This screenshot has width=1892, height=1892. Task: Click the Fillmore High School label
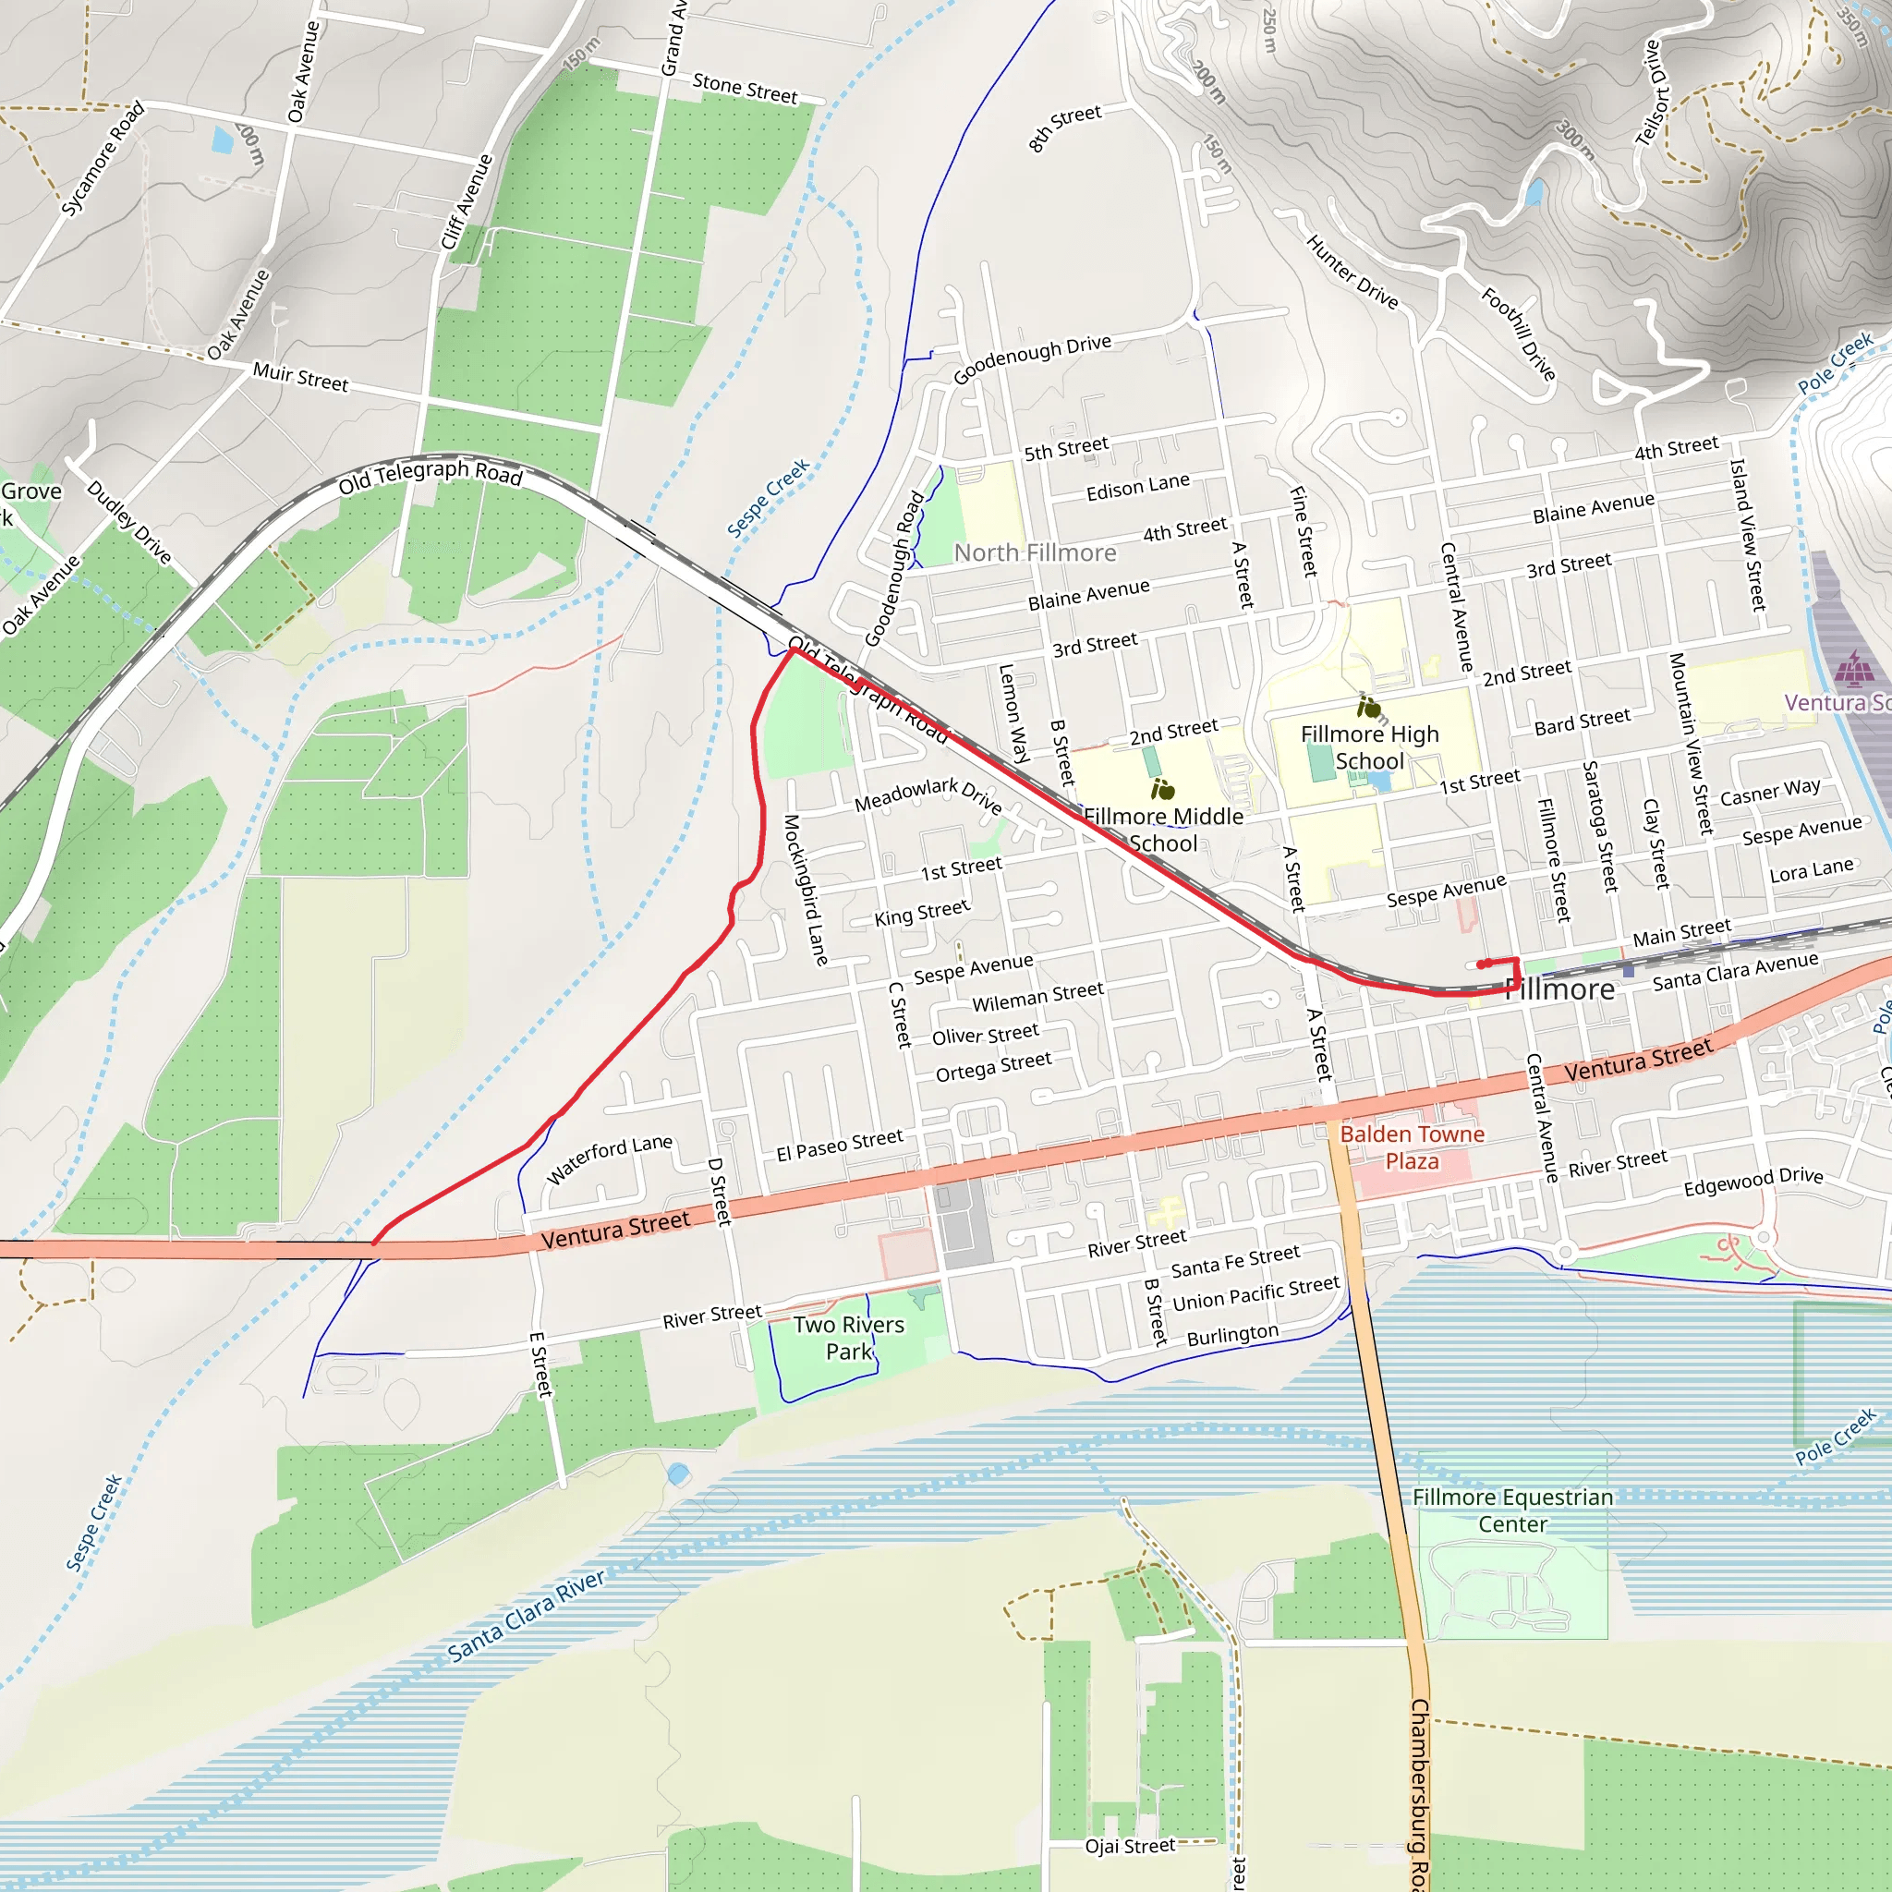click(x=1369, y=747)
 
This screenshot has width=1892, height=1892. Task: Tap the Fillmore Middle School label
click(x=1162, y=830)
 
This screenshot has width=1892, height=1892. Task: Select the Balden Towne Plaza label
click(x=1412, y=1146)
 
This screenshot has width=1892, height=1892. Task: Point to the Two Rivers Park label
click(x=848, y=1338)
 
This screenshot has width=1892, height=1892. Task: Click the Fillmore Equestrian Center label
click(x=1512, y=1510)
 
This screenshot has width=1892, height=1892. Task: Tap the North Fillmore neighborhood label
click(x=1034, y=553)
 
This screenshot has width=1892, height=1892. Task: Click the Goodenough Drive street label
click(x=1032, y=358)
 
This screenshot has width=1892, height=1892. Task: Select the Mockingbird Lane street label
click(x=805, y=890)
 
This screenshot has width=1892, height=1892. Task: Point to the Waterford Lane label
click(x=608, y=1158)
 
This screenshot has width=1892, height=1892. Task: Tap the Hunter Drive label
click(x=1352, y=273)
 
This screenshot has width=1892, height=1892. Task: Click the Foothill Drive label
click(x=1518, y=333)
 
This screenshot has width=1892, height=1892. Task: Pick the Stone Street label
click(x=745, y=88)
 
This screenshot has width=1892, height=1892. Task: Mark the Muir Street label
click(x=299, y=376)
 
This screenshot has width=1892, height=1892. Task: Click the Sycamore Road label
click(x=102, y=158)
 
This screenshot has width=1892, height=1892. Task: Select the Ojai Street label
click(x=1129, y=1846)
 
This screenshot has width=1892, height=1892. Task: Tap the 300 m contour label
click(x=1575, y=139)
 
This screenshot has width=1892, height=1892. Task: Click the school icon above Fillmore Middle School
click(x=1162, y=789)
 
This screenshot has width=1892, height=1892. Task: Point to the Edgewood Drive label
click(x=1753, y=1181)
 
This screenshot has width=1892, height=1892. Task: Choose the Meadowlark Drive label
click(x=928, y=795)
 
